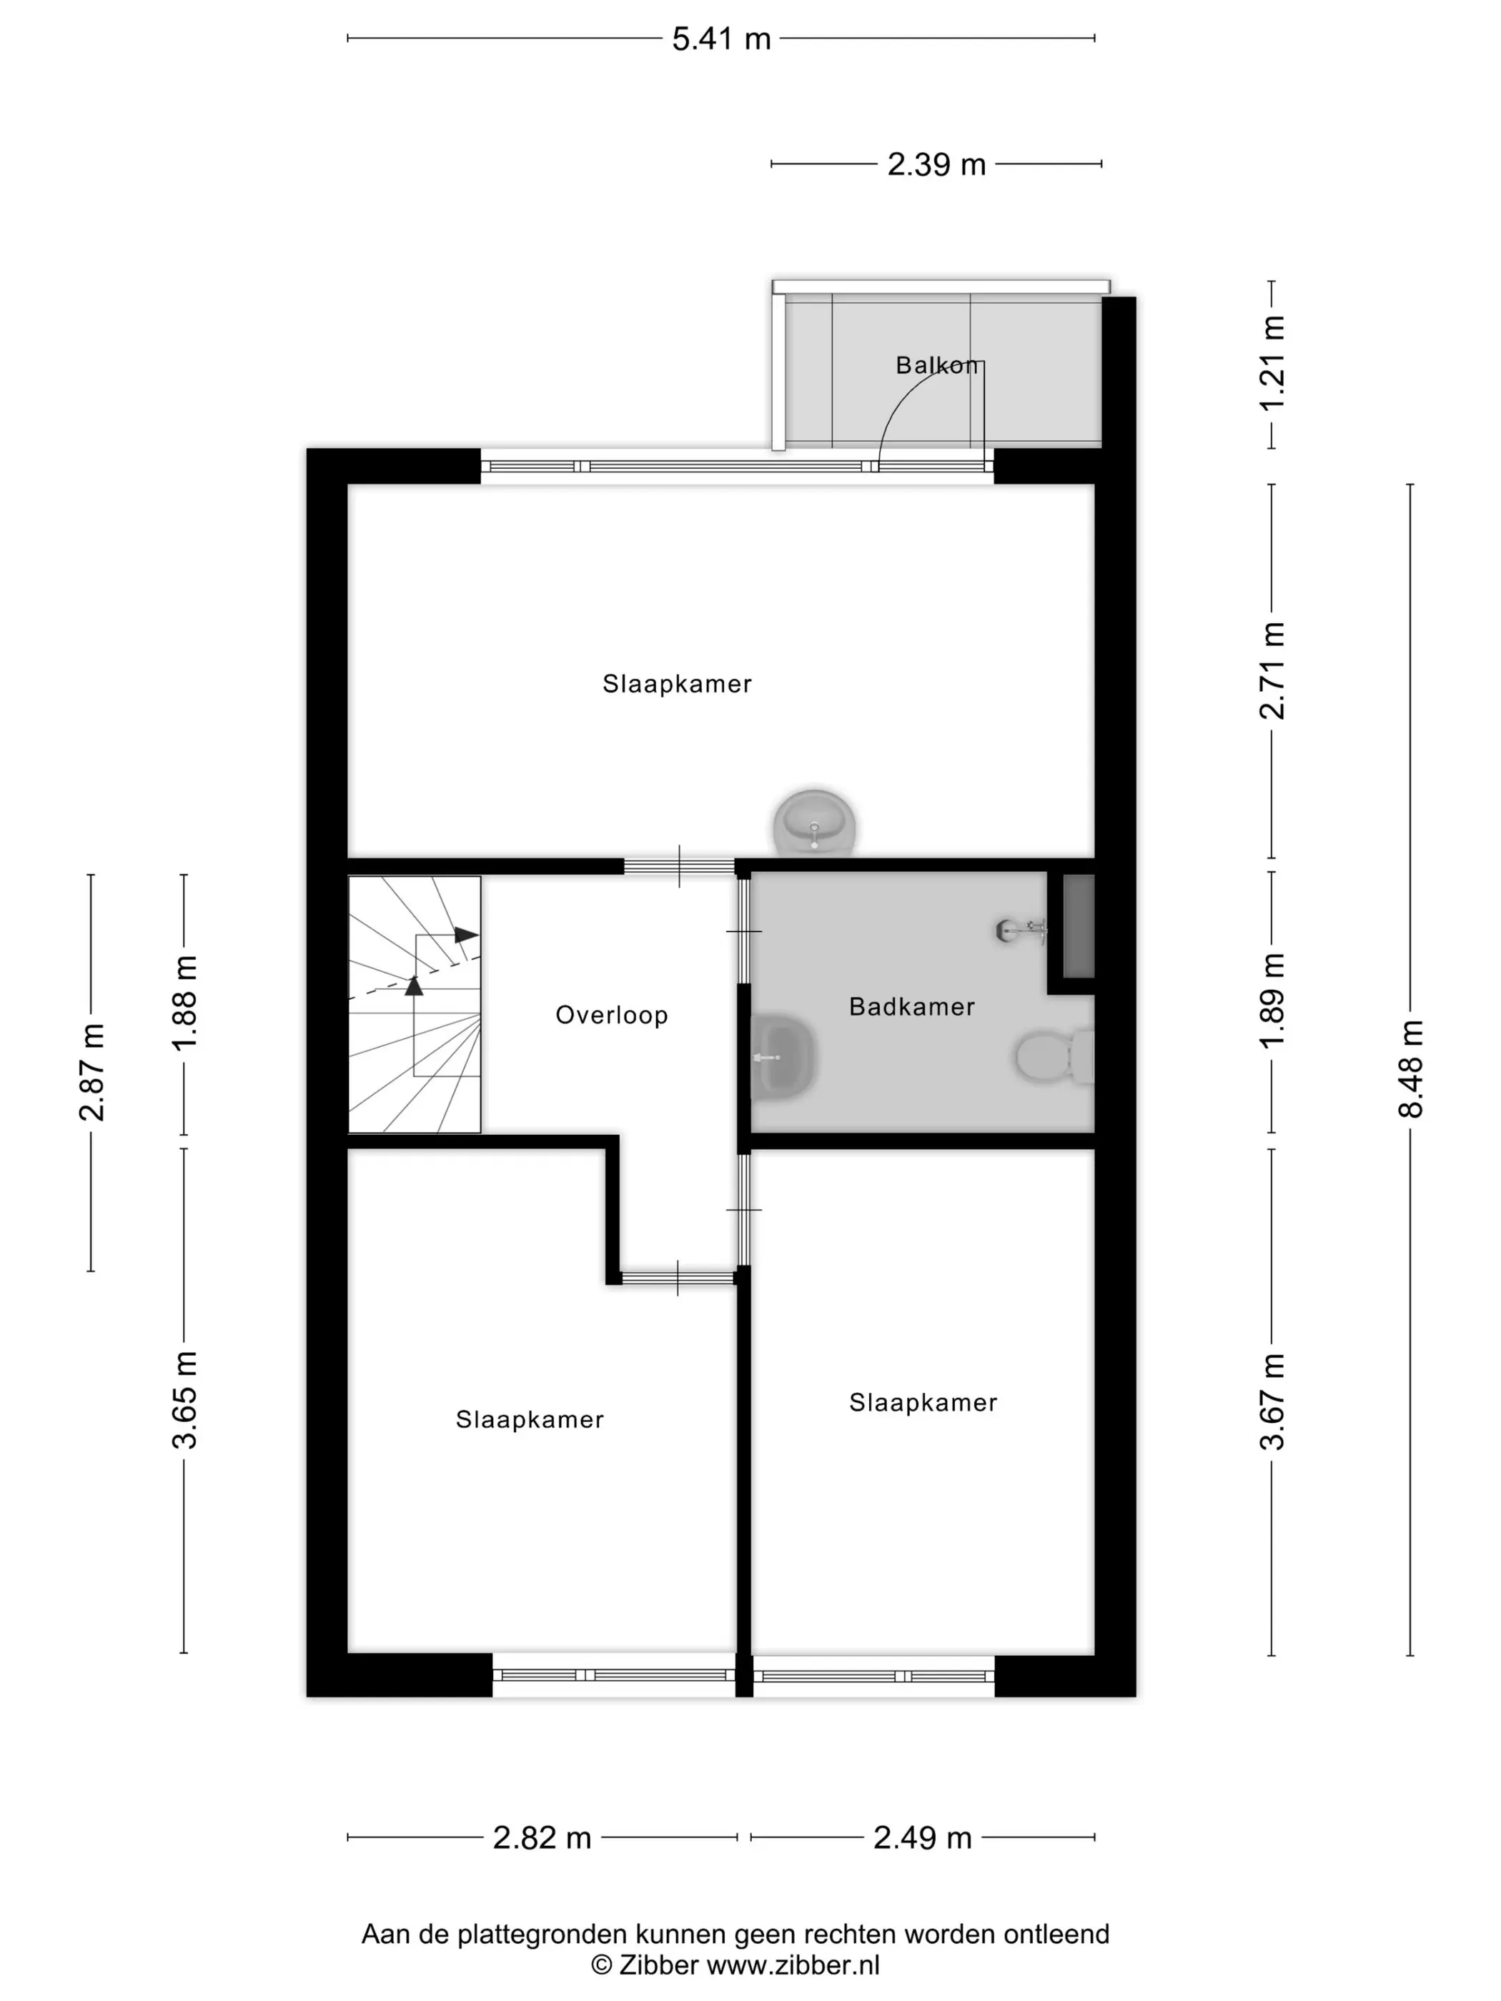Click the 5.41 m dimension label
coord(721,39)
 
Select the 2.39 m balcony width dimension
coord(936,164)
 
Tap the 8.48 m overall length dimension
coord(1410,1069)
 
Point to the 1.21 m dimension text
coord(1272,363)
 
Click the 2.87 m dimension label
coord(91,1073)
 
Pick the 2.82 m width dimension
coord(542,1838)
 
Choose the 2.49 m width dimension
coord(922,1838)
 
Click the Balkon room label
coord(936,365)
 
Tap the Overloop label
coord(612,1015)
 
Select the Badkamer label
coord(911,1007)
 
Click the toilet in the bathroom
coord(1054,1056)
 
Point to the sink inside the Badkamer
coord(783,1056)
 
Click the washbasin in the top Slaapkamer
coord(814,821)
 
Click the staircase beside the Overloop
coord(415,1004)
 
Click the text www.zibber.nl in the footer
coord(793,1965)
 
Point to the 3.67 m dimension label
coord(1272,1402)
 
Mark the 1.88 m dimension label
coord(184,1003)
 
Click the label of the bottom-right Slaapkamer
coord(923,1402)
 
